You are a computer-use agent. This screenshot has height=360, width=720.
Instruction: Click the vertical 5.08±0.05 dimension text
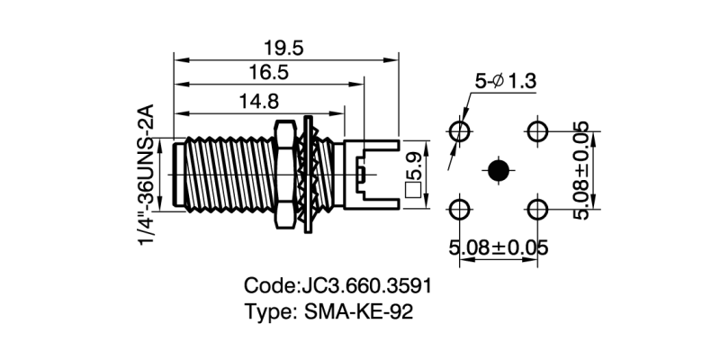[583, 170]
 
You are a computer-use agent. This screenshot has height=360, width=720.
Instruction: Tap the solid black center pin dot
[498, 170]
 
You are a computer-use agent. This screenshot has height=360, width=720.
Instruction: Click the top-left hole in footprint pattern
[460, 130]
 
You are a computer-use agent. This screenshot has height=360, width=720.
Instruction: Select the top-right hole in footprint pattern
[538, 130]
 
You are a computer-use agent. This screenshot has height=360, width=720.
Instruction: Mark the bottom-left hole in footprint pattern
[460, 210]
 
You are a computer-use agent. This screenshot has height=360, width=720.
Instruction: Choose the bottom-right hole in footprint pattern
[538, 210]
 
